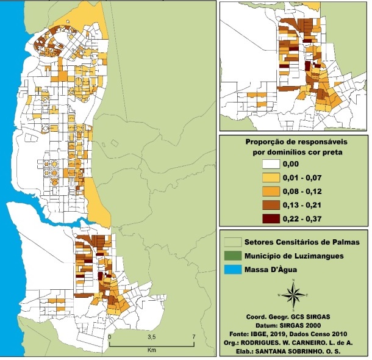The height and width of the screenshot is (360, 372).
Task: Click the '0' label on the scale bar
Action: pos(110,337)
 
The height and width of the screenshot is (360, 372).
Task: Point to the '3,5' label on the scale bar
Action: pos(151,337)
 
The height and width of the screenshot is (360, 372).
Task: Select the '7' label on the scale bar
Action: pos(193,337)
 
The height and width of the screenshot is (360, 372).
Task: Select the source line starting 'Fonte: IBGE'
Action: pos(293,330)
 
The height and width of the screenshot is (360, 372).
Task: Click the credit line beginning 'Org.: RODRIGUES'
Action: pos(293,338)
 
